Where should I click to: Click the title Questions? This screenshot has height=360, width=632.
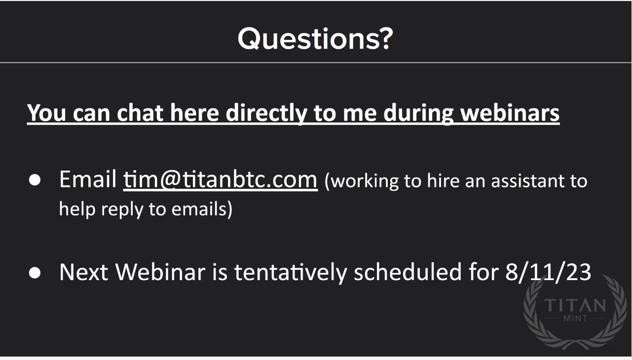pos(315,38)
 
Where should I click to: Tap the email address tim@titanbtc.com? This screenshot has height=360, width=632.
pos(221,180)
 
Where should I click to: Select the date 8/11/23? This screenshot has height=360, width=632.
pos(548,272)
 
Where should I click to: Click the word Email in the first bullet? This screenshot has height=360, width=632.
pos(88,179)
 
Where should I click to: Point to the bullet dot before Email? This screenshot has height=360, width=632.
pos(35,180)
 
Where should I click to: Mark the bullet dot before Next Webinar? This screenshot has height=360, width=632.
pos(35,273)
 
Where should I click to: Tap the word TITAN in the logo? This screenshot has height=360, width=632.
pos(575,305)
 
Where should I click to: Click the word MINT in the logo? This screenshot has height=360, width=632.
pos(575,319)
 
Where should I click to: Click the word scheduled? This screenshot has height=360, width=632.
pos(408,272)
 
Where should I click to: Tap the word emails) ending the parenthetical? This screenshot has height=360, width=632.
pos(202,210)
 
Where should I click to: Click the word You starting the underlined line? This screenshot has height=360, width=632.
pos(46,113)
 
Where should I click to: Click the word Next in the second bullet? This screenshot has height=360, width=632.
pos(84,272)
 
